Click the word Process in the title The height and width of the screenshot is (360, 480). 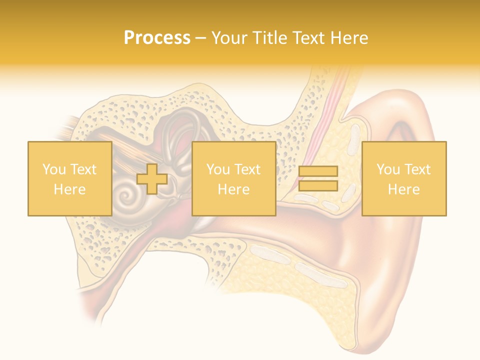(x=157, y=38)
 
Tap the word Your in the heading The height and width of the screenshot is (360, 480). (x=229, y=38)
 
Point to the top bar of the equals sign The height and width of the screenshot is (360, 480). (x=318, y=171)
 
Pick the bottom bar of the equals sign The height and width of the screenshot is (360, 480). (x=318, y=186)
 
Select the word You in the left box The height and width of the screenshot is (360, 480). (x=53, y=169)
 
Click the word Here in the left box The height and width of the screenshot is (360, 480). (x=69, y=189)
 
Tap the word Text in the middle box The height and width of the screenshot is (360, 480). (x=247, y=169)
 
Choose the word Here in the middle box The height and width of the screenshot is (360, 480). (x=233, y=189)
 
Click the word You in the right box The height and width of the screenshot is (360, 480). (x=387, y=169)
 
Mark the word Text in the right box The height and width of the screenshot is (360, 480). (x=417, y=169)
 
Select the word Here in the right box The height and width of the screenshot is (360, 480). (x=403, y=189)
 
